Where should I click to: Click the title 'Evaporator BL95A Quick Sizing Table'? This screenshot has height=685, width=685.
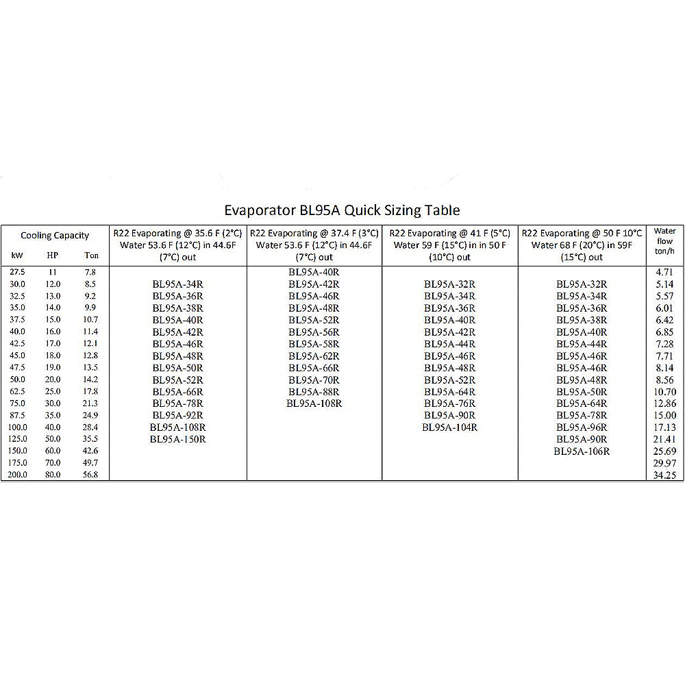(342, 210)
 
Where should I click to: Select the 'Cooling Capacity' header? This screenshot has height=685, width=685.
(55, 236)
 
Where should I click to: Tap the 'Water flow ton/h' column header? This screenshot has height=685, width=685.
(664, 240)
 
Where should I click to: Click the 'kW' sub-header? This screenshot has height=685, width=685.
(17, 256)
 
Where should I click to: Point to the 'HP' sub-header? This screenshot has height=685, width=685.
(53, 256)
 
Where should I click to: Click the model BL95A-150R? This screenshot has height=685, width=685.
(177, 439)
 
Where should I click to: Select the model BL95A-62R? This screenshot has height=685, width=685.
(314, 356)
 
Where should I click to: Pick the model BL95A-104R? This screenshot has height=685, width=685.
(449, 427)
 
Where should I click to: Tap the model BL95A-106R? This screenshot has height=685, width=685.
(582, 451)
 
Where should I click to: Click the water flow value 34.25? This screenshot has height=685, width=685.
(664, 475)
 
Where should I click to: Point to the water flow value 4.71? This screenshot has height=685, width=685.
(664, 272)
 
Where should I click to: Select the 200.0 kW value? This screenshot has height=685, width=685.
(18, 475)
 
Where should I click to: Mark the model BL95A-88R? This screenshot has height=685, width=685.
(314, 392)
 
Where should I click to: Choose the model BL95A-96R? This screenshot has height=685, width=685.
(582, 427)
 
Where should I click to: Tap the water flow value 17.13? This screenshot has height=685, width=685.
(664, 427)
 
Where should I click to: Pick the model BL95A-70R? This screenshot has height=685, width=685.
(314, 379)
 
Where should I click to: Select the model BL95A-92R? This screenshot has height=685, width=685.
(177, 415)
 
